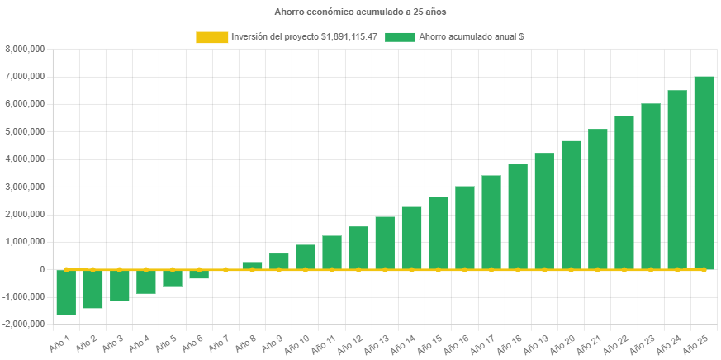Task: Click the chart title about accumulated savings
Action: click(360, 12)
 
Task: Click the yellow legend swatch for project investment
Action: click(211, 37)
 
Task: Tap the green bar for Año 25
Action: click(703, 173)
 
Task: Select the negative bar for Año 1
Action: click(66, 292)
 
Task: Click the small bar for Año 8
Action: click(252, 266)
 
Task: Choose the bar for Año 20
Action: click(571, 205)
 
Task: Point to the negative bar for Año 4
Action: click(145, 282)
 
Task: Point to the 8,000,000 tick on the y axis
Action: click(25, 49)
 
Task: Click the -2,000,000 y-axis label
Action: click(24, 324)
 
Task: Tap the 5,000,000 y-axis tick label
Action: click(25, 131)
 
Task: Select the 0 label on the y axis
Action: click(41, 269)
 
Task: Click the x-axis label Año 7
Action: click(218, 342)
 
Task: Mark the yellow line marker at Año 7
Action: click(225, 269)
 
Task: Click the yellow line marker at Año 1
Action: click(66, 269)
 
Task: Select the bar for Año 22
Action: click(624, 192)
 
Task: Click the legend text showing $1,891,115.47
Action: click(304, 37)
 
